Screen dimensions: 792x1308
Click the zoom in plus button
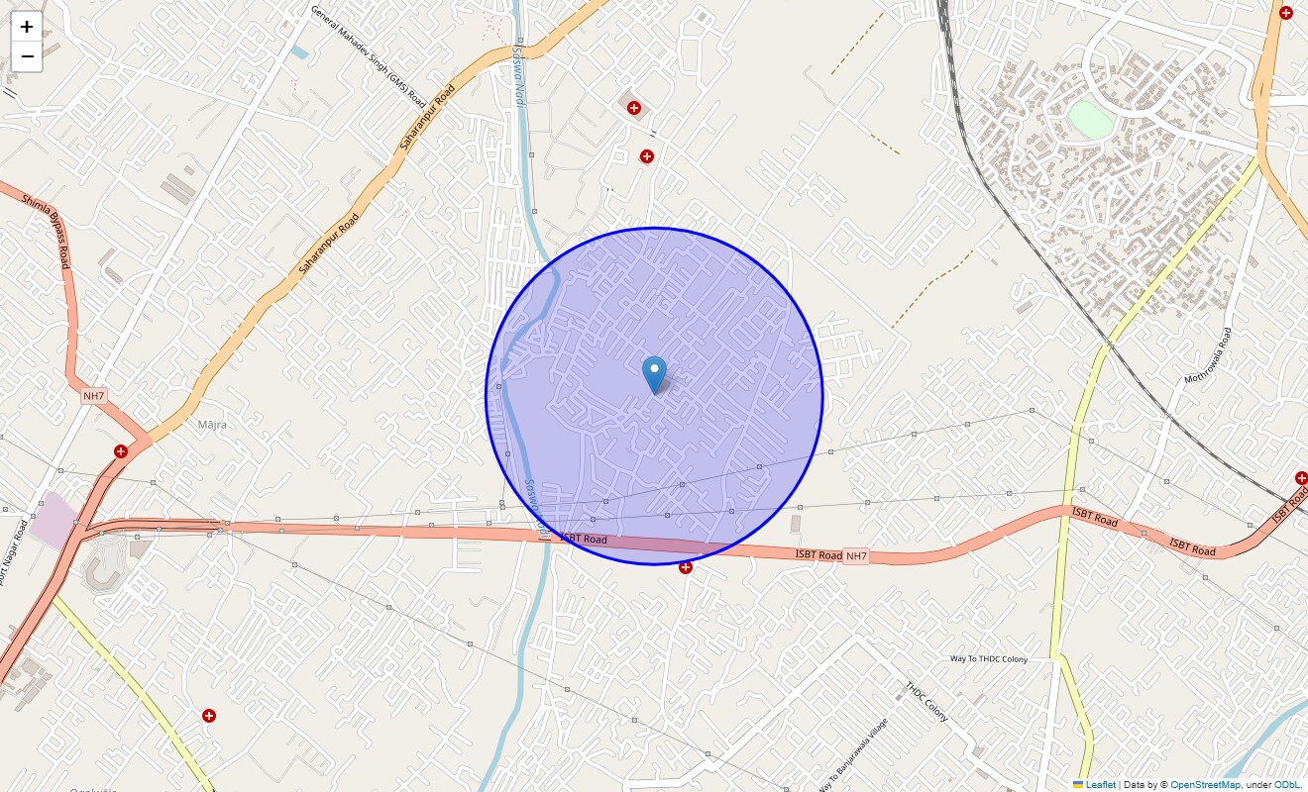[x=27, y=27]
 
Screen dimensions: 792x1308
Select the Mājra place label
[x=212, y=425]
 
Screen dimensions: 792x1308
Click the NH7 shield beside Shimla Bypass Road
[x=93, y=396]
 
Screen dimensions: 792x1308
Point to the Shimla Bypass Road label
[x=47, y=230]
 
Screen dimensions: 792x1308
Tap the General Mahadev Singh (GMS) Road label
[x=368, y=57]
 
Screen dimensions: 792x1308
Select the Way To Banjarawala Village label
[x=853, y=754]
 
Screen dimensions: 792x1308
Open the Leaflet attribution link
[x=1100, y=785]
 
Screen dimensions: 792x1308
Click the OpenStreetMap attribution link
[x=1205, y=785]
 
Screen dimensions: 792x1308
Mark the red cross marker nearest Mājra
[x=121, y=451]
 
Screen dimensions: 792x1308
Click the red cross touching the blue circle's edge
[x=685, y=567]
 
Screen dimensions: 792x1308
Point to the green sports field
[x=1092, y=120]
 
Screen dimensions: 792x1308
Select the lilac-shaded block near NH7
[x=53, y=518]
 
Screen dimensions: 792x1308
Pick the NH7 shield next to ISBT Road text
[x=856, y=556]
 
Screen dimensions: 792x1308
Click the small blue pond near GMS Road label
[x=299, y=51]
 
